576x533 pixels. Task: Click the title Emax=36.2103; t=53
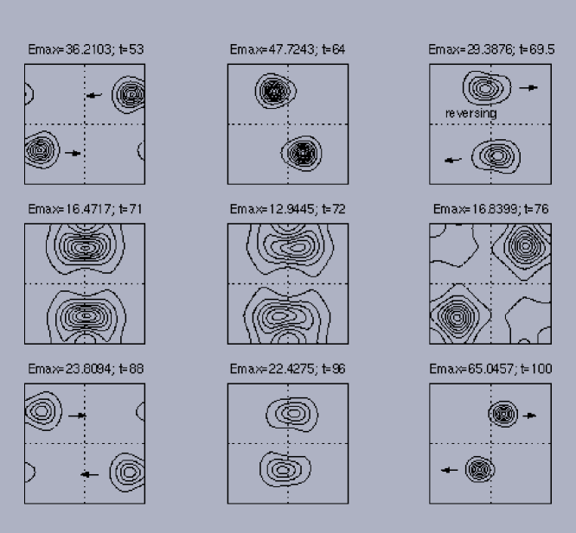pyautogui.click(x=86, y=49)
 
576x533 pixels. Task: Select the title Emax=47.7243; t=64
pyautogui.click(x=287, y=49)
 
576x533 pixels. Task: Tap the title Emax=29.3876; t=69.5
pyautogui.click(x=491, y=49)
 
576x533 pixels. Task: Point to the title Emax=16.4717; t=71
pyautogui.click(x=85, y=209)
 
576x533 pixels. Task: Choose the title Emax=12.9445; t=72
pyautogui.click(x=287, y=209)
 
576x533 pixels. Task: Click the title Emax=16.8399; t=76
pyautogui.click(x=490, y=209)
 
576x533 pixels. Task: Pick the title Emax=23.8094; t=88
pyautogui.click(x=86, y=368)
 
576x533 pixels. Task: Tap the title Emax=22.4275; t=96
pyautogui.click(x=287, y=368)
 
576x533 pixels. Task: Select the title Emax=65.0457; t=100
pyautogui.click(x=490, y=368)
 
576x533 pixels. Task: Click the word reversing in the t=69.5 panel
pyautogui.click(x=471, y=113)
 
